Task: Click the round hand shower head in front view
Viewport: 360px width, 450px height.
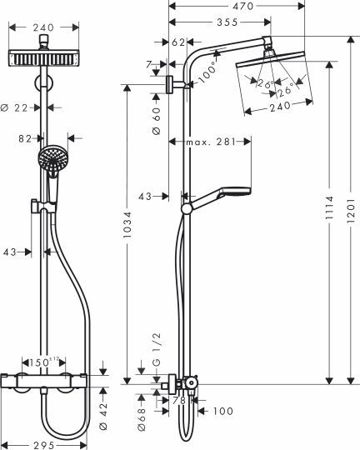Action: tap(52, 160)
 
